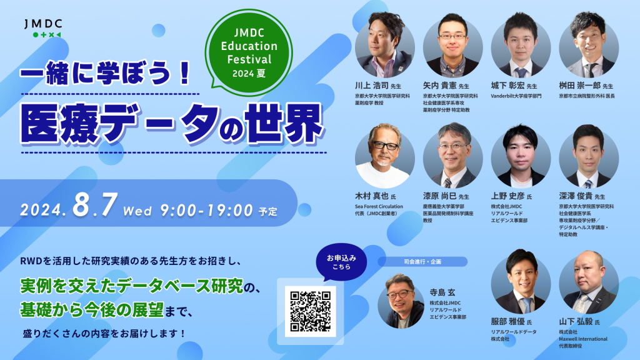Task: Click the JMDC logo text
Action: (x=42, y=24)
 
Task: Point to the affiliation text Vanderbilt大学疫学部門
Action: (x=516, y=96)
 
